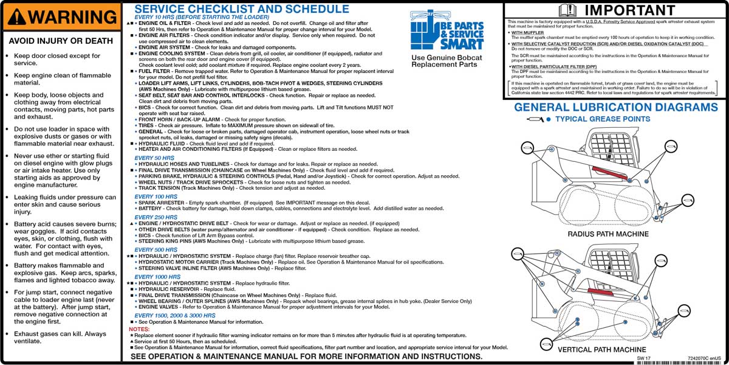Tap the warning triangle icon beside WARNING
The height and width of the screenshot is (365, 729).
click(x=19, y=16)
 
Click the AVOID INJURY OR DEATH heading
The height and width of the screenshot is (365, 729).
click(x=61, y=41)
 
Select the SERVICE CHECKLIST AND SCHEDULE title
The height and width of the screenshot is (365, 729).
click(x=242, y=9)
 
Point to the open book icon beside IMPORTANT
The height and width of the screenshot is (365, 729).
click(x=567, y=10)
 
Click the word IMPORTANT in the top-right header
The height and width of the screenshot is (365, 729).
click(x=629, y=10)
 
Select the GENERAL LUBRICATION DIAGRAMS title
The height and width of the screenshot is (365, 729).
click(x=616, y=108)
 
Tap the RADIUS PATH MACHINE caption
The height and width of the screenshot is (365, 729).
click(x=608, y=234)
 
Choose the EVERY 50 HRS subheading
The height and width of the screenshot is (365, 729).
click(x=154, y=158)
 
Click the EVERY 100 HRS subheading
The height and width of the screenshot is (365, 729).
click(x=156, y=196)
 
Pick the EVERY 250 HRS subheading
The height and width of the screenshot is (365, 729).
click(x=156, y=217)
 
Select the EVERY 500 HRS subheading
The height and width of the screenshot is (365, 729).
click(x=156, y=249)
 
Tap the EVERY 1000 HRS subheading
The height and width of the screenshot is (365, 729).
click(x=158, y=277)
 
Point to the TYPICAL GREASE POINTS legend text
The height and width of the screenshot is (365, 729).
click(x=603, y=119)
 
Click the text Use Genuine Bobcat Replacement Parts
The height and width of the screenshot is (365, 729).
click(x=447, y=61)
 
